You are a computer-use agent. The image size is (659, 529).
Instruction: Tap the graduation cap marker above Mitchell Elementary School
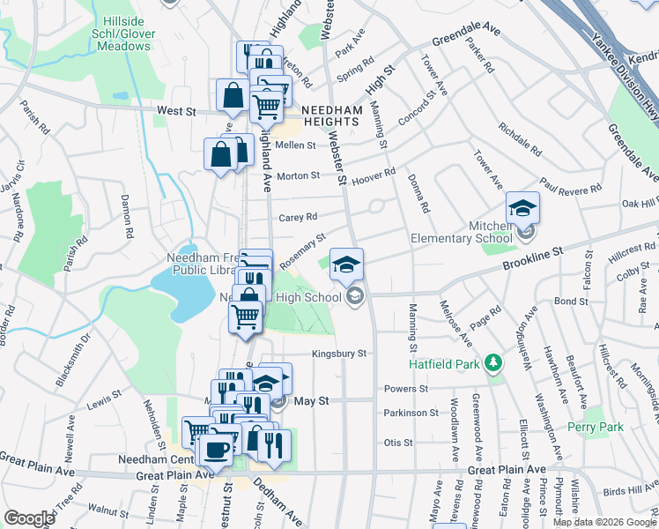tap(522, 209)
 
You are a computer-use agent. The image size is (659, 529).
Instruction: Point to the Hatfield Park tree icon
tap(493, 362)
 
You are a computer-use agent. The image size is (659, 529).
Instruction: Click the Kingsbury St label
tap(338, 354)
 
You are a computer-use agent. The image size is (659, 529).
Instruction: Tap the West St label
tap(176, 112)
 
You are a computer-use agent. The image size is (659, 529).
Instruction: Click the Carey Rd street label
tap(298, 217)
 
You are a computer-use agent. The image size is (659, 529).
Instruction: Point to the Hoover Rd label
tap(374, 178)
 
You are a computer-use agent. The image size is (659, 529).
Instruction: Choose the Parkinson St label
tap(411, 413)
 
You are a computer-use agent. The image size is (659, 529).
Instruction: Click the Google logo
tap(29, 518)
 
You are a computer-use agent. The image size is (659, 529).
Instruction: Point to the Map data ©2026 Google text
tap(603, 522)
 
